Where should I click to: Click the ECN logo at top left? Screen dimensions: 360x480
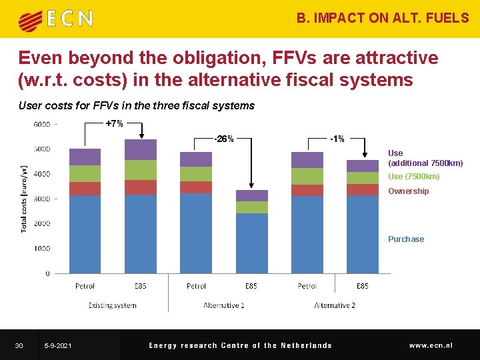(56, 19)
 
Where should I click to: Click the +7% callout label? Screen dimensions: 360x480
(115, 123)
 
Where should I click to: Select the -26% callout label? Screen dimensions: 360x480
(223, 139)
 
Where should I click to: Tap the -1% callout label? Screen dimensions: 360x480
(337, 139)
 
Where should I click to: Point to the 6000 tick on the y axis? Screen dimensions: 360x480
(41, 124)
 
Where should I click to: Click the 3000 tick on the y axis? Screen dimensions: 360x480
(41, 199)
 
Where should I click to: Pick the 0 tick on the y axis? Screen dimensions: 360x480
(47, 273)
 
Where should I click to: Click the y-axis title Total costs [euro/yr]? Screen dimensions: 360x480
(25, 199)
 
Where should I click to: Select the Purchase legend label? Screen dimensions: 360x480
(406, 239)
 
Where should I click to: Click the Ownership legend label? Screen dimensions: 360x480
(408, 191)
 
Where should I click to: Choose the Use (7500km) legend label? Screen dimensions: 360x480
(413, 177)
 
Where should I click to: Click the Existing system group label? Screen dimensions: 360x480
(112, 305)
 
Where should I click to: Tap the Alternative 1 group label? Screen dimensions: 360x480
(223, 305)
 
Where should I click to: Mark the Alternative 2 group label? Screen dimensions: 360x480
(335, 305)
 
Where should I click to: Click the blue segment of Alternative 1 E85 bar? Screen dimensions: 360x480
(251, 243)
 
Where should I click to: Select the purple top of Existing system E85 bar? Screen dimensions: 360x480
(141, 149)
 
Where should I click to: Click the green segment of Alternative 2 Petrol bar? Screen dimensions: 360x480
(307, 176)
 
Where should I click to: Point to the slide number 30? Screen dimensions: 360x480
(19, 345)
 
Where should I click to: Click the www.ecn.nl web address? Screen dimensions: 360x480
(431, 345)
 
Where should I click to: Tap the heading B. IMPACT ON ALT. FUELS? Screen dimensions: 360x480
(383, 18)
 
